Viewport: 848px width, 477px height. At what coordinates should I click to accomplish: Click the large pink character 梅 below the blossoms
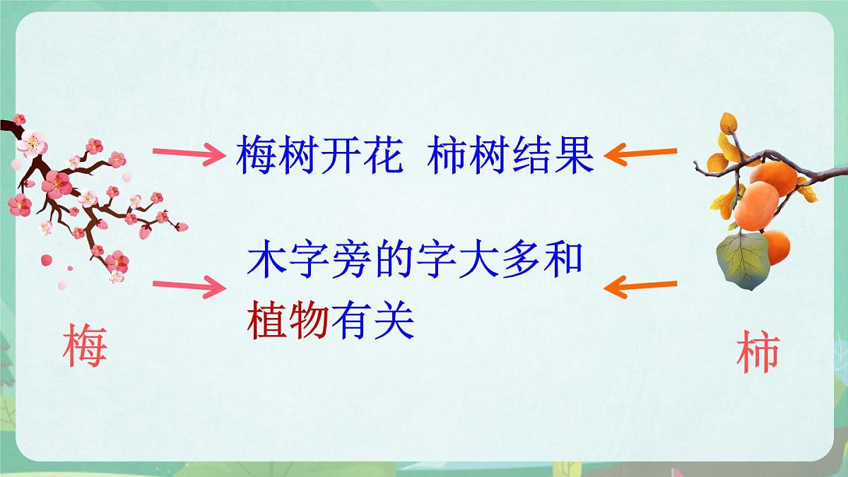coord(85,345)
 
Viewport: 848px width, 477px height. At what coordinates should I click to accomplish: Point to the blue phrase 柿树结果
coord(511,156)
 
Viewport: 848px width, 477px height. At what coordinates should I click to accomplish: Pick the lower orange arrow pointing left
coord(640,286)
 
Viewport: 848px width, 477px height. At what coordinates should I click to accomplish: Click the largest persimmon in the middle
coord(756,204)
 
